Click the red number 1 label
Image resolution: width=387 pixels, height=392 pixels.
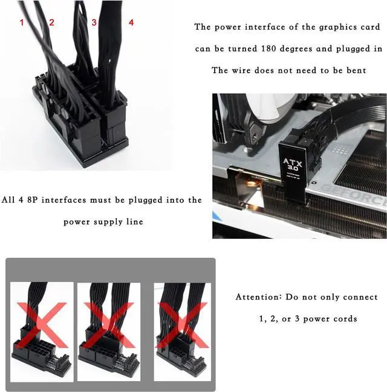(x=22, y=22)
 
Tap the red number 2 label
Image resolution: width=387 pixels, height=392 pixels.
(x=51, y=22)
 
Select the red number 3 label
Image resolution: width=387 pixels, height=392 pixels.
(x=94, y=22)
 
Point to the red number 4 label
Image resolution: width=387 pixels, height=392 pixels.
(x=131, y=22)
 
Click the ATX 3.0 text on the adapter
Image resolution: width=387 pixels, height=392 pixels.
(x=291, y=165)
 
